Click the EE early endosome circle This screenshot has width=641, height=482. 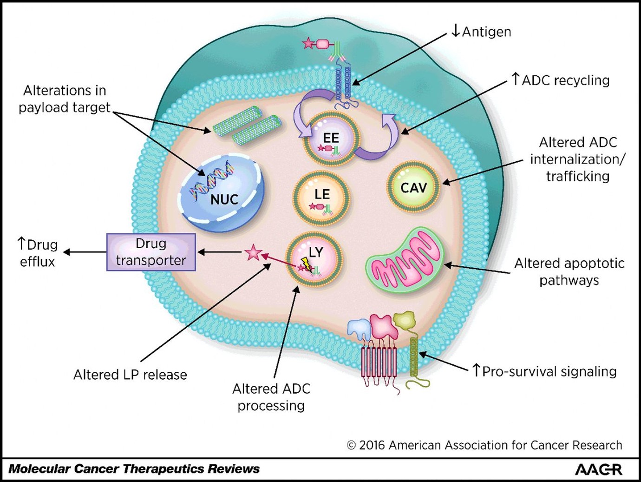coord(331,139)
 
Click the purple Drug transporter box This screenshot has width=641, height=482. coord(151,252)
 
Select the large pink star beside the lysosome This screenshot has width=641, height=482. coord(253,253)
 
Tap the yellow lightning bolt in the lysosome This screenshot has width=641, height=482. coord(305,264)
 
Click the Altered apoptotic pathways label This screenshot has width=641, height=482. coord(569,271)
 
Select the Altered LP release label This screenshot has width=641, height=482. coord(130,375)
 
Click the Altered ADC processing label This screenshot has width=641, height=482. coord(271,397)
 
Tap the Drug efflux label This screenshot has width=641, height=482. coord(37,253)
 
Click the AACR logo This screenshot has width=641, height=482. coord(598,469)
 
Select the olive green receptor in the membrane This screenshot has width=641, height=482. coord(413,353)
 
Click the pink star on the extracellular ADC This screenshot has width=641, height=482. coord(308,44)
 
